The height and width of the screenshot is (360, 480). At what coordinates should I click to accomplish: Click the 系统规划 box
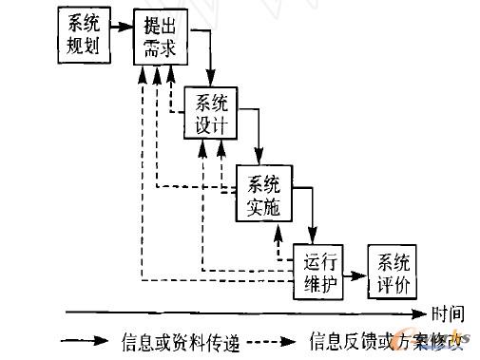tap(82, 34)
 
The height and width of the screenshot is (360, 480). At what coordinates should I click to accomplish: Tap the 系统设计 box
tap(212, 113)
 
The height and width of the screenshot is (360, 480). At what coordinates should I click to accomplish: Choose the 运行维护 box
tap(321, 271)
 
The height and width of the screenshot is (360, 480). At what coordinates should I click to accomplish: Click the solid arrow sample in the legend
tap(86, 338)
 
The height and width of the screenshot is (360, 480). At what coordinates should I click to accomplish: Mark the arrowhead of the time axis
tap(422, 312)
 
